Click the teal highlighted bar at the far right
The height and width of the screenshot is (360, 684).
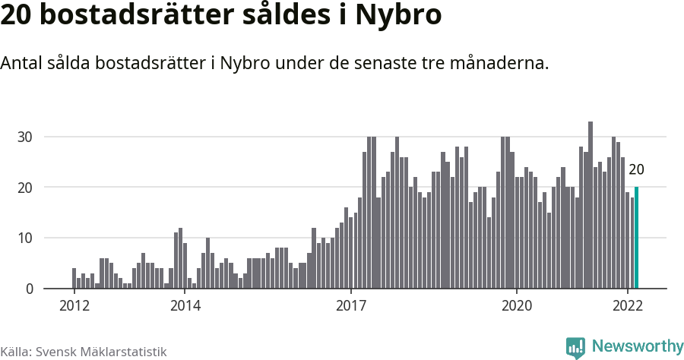[636, 238]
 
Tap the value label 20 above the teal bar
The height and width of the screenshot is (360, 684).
[636, 169]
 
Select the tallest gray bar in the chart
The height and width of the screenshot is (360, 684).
[591, 205]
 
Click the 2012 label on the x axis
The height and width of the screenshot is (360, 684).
[74, 306]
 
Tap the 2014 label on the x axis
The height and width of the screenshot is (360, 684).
[185, 306]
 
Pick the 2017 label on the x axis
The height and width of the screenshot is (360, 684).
[350, 306]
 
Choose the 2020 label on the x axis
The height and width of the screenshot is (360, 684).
[517, 306]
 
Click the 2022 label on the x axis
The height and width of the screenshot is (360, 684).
[628, 306]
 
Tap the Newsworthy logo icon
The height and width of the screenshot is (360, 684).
[575, 347]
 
